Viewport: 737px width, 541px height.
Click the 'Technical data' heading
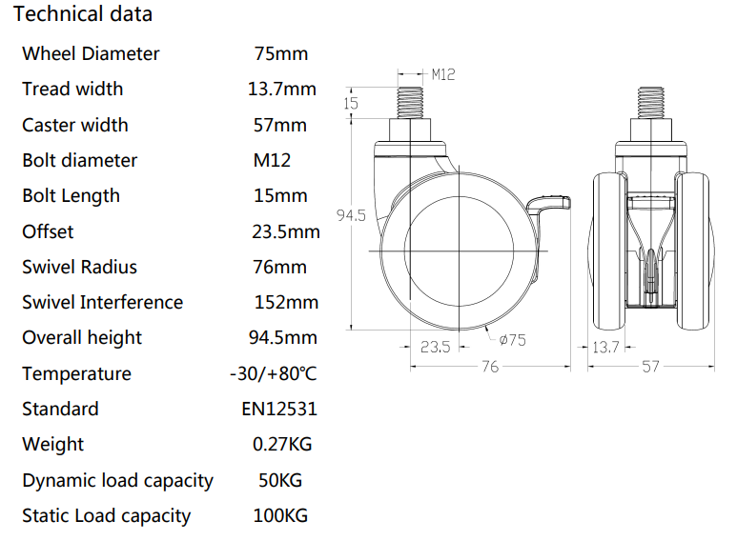[x=82, y=15]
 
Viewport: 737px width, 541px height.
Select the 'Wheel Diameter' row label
[x=91, y=53]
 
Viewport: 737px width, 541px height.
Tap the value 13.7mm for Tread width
[x=281, y=90]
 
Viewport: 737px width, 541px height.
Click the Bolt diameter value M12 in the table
[x=272, y=160]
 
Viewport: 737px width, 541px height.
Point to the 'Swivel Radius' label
[x=79, y=267]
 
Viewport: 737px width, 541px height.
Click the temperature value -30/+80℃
[x=274, y=373]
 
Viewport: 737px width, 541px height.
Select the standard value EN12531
[x=279, y=410]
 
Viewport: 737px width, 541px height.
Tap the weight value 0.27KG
[x=282, y=445]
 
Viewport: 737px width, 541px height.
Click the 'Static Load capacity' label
[x=106, y=516]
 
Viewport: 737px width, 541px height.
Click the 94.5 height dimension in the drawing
[x=351, y=216]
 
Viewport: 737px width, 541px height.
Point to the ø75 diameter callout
[x=512, y=340]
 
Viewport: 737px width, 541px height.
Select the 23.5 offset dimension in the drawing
[x=435, y=348]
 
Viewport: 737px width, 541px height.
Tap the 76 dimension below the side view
[x=488, y=367]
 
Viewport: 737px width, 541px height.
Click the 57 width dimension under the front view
[x=649, y=367]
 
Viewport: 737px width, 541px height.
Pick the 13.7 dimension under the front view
[x=605, y=348]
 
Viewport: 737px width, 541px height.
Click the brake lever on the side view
[x=553, y=202]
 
